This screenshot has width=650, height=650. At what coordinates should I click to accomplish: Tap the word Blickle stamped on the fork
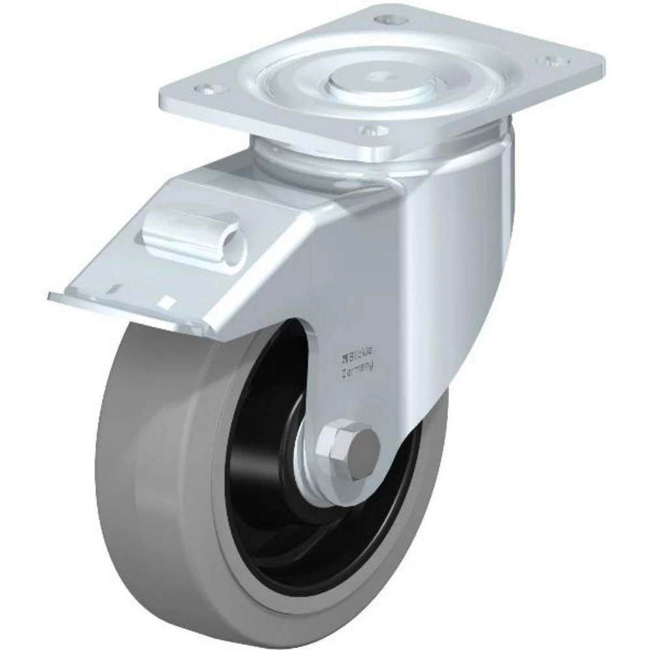pyautogui.click(x=361, y=357)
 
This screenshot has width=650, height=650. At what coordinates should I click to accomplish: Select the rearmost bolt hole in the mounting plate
pyautogui.click(x=389, y=19)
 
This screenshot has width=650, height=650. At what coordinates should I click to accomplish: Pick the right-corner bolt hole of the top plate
pyautogui.click(x=553, y=61)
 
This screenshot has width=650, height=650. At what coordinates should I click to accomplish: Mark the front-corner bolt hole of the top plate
pyautogui.click(x=373, y=131)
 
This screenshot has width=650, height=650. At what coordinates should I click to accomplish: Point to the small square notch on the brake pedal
pyautogui.click(x=166, y=301)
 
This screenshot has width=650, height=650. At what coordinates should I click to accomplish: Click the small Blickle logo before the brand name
pyautogui.click(x=344, y=357)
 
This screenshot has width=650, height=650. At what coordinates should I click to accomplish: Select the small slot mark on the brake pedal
pyautogui.click(x=117, y=286)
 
